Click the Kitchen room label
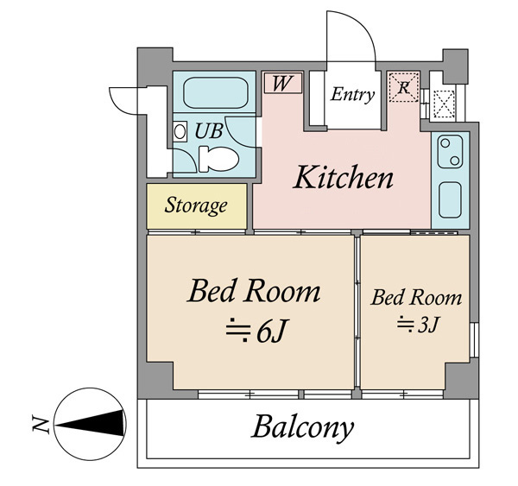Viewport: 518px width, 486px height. point(343,177)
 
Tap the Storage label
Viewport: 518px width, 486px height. point(196,205)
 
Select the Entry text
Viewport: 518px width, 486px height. point(352,94)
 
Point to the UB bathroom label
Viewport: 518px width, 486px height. point(209,131)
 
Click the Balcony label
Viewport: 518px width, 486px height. point(302,428)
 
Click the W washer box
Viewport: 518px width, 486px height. point(283,83)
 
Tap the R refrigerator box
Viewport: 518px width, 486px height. point(404,87)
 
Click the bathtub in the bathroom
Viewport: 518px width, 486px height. point(215,93)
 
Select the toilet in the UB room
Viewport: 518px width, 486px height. point(218,159)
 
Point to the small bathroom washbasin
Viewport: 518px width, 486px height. point(180,131)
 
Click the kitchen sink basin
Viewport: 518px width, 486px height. point(450,200)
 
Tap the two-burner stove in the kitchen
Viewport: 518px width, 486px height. point(450,152)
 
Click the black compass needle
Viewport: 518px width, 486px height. point(92,424)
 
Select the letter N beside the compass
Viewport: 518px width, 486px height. point(41,424)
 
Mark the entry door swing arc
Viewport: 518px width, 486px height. point(359,25)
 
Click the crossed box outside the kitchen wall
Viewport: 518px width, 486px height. point(444,104)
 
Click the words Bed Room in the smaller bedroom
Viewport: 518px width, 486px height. point(416,297)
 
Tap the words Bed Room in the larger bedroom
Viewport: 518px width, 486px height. point(254,291)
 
